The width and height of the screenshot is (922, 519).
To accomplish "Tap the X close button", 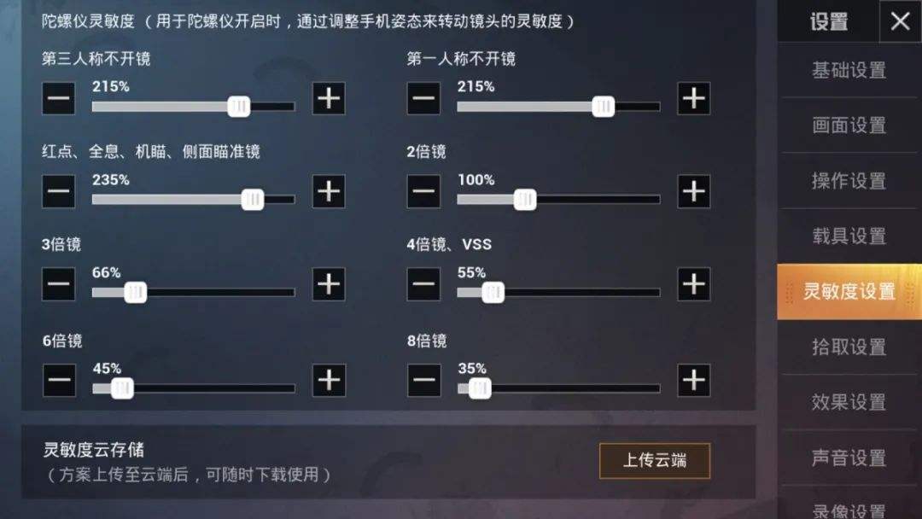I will coord(900,21).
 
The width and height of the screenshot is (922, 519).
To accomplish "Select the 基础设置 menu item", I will coord(849,70).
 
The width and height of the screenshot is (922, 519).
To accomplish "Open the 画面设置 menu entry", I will coord(849,125).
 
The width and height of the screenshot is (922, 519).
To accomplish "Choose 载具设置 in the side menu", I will coord(849,236).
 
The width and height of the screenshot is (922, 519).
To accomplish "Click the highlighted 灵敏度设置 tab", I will coord(849,292).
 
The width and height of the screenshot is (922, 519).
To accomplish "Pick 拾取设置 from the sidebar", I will coord(849,347).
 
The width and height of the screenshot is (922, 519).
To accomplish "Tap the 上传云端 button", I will coord(654,461).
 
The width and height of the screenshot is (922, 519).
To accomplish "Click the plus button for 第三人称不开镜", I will coord(329,99).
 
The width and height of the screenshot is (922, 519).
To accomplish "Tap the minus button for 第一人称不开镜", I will coord(423,99).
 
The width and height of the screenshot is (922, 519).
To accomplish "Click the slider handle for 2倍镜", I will coord(525,200).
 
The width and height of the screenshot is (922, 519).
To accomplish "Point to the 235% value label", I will coord(111,180).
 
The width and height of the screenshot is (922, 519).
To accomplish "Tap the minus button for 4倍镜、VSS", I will coord(423,284).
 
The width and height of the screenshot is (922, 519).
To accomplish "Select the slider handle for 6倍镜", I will coord(123,388).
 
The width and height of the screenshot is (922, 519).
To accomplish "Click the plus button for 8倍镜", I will coord(693,380).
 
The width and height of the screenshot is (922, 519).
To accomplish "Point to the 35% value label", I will coord(472,369).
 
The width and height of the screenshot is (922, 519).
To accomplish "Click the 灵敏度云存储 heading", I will coord(94,450).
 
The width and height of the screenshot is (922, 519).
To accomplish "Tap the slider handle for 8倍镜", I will coord(480,388).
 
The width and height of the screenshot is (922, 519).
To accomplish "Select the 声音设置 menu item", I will coord(849,458).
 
